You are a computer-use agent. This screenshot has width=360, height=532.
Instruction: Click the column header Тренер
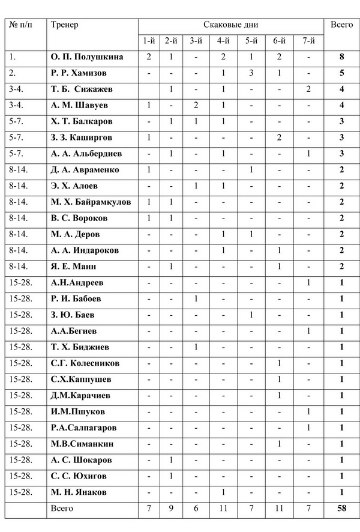click(x=65, y=25)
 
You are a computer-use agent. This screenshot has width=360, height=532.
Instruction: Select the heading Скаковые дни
click(x=231, y=25)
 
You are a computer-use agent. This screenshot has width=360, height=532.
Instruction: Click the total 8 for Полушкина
click(x=341, y=57)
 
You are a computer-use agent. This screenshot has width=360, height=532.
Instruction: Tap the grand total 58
click(x=341, y=509)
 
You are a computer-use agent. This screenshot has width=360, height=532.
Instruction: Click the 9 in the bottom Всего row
click(x=171, y=509)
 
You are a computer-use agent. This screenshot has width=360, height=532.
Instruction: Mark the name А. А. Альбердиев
click(x=87, y=154)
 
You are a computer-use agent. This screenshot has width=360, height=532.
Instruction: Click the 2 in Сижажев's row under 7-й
click(x=308, y=89)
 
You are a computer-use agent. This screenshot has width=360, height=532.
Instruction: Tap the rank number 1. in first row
click(x=13, y=57)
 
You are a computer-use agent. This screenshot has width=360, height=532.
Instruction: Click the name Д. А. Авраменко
click(x=85, y=170)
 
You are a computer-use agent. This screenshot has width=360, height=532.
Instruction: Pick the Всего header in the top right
click(x=341, y=25)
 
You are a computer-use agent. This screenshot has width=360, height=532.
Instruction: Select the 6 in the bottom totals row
click(x=196, y=509)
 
